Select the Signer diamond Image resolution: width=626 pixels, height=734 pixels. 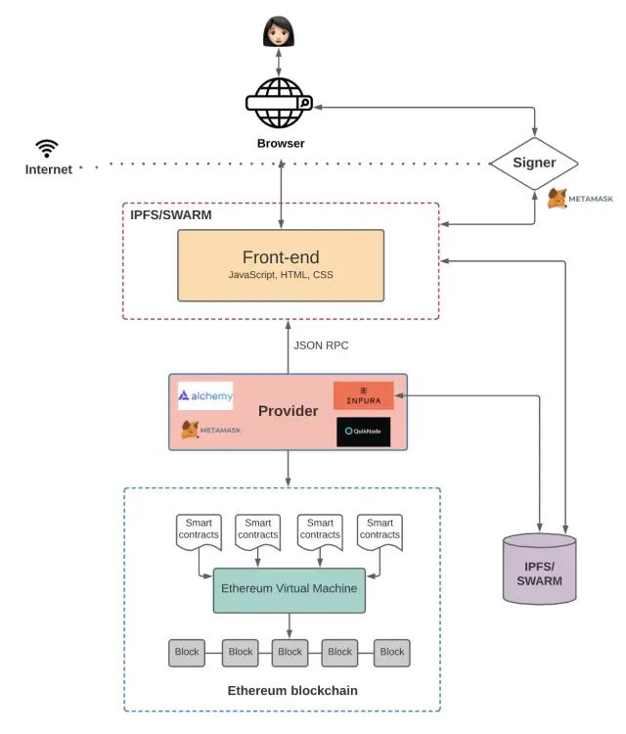coord(534,162)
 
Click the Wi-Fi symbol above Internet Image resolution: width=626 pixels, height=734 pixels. coord(47,149)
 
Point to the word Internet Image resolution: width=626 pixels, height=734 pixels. coord(48,169)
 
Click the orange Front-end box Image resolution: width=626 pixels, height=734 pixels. coord(281,265)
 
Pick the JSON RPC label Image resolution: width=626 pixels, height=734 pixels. coord(321,344)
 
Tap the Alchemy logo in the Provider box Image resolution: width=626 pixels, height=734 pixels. coord(205,395)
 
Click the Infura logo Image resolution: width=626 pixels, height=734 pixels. coord(363,395)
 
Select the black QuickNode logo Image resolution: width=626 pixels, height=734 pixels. coord(363,432)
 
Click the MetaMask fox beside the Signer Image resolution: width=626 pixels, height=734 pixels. coord(557,199)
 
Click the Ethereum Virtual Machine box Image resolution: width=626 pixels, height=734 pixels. coord(289,589)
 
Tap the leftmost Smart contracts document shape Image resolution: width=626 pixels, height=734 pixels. coord(199,531)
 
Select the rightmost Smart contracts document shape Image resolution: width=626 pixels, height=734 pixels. coord(380,531)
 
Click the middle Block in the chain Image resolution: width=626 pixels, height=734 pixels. coord(290,653)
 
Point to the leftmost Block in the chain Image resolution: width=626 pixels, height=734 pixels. coord(186,653)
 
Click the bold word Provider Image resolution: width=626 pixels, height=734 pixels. coord(288,411)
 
